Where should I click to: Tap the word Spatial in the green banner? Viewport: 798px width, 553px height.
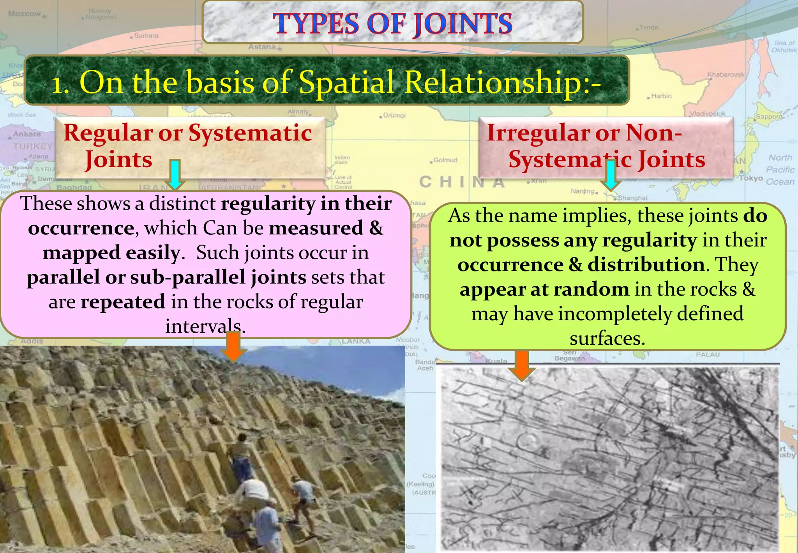pyautogui.click(x=347, y=82)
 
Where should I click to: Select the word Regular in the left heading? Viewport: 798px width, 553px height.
pyautogui.click(x=108, y=133)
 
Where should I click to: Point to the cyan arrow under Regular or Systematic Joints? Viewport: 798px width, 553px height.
pyautogui.click(x=175, y=174)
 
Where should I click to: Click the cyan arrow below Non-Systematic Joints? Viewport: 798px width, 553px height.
pyautogui.click(x=611, y=176)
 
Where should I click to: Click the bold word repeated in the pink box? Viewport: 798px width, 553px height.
pyautogui.click(x=123, y=302)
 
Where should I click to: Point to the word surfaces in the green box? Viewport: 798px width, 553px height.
pyautogui.click(x=607, y=339)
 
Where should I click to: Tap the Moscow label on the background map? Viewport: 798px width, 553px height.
pyautogui.click(x=25, y=14)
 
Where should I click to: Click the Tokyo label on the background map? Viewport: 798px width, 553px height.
pyautogui.click(x=751, y=178)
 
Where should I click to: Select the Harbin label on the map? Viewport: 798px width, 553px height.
pyautogui.click(x=661, y=96)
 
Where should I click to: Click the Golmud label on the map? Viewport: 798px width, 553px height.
pyautogui.click(x=445, y=160)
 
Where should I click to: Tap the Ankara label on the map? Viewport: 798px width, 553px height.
pyautogui.click(x=26, y=134)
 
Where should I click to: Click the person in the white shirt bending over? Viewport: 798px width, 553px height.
pyautogui.click(x=253, y=491)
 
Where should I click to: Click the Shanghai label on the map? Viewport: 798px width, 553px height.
pyautogui.click(x=632, y=198)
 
